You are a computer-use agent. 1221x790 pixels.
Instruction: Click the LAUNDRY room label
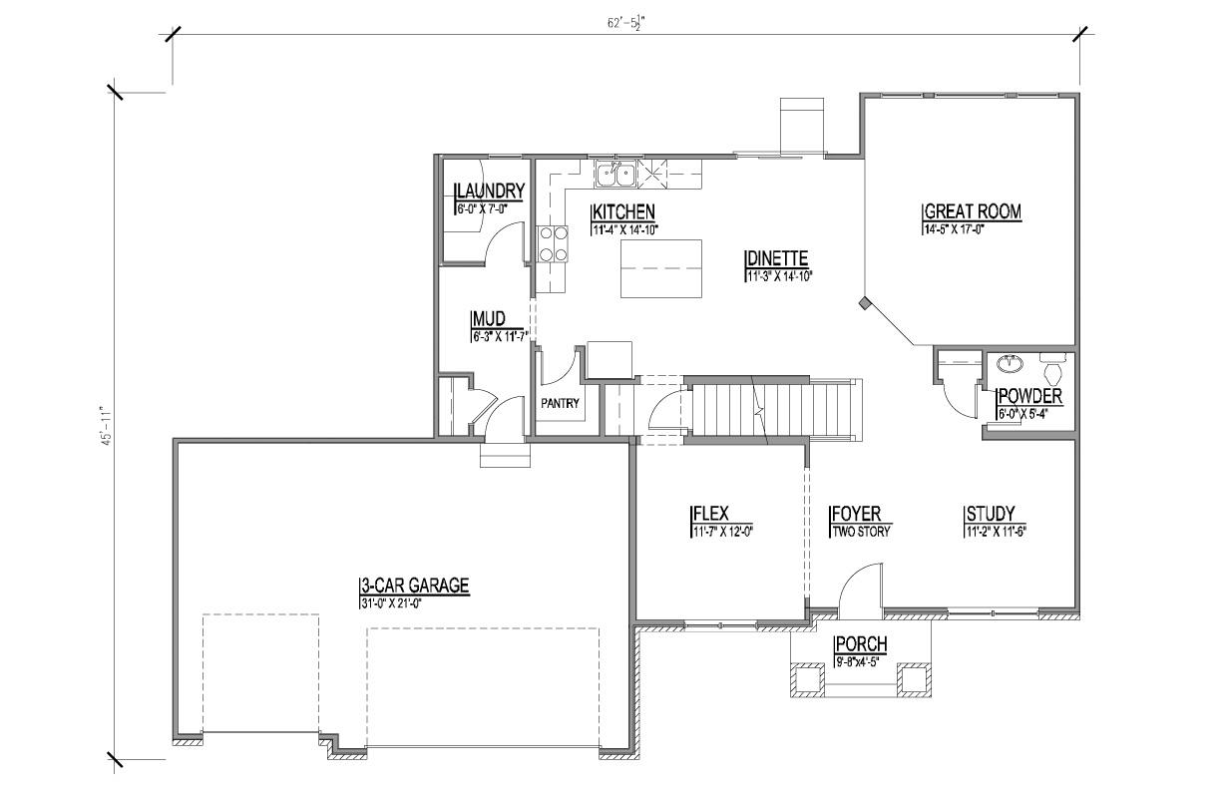click(x=489, y=192)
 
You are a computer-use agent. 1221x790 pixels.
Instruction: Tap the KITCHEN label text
click(x=623, y=212)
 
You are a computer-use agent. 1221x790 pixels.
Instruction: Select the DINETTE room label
click(x=776, y=259)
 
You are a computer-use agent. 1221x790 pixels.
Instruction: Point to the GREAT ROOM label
click(x=973, y=212)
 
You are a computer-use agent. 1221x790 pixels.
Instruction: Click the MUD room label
click(x=488, y=320)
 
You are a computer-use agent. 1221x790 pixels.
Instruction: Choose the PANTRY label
click(x=560, y=404)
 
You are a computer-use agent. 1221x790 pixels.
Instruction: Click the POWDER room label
click(x=1028, y=397)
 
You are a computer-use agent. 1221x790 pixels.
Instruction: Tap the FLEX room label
click(x=709, y=515)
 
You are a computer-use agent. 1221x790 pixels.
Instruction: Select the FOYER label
click(x=855, y=515)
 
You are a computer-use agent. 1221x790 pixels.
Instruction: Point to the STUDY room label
click(x=989, y=515)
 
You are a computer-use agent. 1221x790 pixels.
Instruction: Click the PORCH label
click(x=861, y=644)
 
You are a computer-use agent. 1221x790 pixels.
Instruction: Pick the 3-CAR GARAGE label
click(x=414, y=587)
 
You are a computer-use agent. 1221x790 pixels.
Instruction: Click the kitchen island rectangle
click(x=660, y=268)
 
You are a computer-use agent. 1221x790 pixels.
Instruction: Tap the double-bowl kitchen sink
click(x=617, y=177)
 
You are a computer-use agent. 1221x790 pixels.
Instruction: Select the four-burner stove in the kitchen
click(x=554, y=243)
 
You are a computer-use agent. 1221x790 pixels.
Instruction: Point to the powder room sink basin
click(x=1010, y=362)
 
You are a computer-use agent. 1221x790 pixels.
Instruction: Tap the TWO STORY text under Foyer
click(x=860, y=532)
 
